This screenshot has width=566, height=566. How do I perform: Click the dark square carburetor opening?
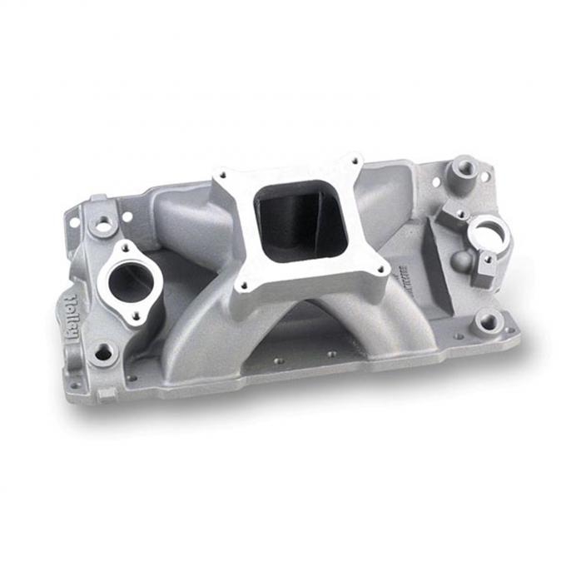coord(299,218)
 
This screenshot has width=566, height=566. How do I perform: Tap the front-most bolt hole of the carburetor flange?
coord(242,285)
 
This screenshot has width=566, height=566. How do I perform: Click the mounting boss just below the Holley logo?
coord(102,353)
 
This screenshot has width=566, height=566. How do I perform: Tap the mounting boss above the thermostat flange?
coord(103,225)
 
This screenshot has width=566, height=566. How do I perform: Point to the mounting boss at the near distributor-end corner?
coord(487,320)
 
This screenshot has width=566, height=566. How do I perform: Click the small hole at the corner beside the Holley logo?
coord(75,385)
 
